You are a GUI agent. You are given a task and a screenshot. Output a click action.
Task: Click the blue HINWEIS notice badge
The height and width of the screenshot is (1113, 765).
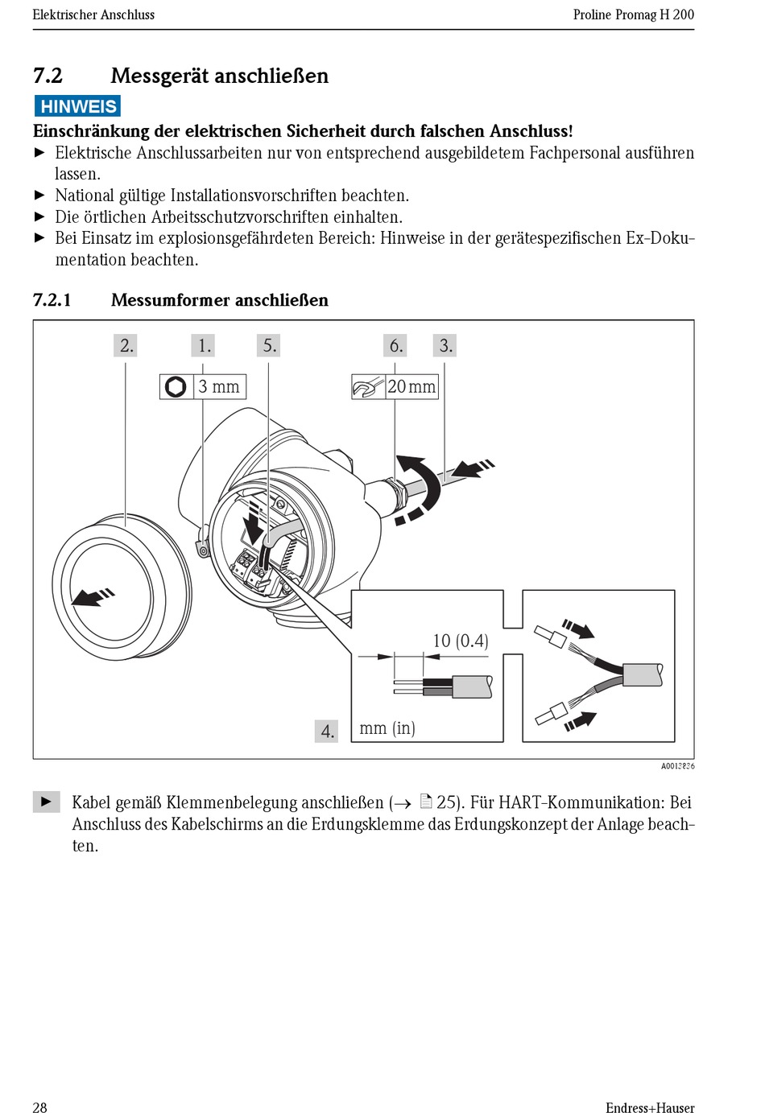[77, 106]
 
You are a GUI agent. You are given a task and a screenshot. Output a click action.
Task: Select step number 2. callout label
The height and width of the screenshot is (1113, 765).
[126, 346]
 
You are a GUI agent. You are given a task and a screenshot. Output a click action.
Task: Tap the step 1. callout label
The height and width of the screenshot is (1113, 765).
[205, 346]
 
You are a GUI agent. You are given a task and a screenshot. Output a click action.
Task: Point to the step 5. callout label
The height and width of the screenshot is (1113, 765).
[270, 346]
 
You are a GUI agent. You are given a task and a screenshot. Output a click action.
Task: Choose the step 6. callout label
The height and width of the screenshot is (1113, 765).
[395, 346]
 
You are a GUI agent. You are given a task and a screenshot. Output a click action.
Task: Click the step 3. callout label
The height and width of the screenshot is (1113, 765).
[445, 346]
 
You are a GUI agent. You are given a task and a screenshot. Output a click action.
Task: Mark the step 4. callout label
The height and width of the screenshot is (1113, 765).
[327, 731]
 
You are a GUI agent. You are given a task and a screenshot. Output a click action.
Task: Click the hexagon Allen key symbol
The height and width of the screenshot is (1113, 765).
[176, 387]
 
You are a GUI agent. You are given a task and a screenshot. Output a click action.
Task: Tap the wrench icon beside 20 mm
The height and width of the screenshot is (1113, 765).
[366, 388]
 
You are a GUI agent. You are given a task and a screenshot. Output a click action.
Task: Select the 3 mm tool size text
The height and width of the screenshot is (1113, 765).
[219, 387]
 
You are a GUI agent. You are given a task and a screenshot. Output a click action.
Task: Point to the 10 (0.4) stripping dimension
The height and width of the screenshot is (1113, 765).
[460, 641]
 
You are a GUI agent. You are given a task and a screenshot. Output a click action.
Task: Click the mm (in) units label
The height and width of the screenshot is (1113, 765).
[387, 728]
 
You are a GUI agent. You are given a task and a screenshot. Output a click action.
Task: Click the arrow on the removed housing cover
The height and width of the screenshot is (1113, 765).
[92, 596]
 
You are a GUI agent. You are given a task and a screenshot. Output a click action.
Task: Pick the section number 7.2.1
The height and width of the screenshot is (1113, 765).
[52, 300]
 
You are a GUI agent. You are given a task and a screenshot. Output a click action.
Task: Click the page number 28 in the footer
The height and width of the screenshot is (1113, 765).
[39, 1107]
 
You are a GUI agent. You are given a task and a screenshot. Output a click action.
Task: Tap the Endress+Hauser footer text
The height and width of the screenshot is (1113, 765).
[649, 1107]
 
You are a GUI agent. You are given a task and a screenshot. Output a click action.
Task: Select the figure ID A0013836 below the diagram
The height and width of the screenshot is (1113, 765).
[677, 766]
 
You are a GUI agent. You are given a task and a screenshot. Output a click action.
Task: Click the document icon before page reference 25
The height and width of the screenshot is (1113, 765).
[426, 802]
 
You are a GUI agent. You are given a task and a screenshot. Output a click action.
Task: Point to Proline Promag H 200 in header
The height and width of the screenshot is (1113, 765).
[633, 14]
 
